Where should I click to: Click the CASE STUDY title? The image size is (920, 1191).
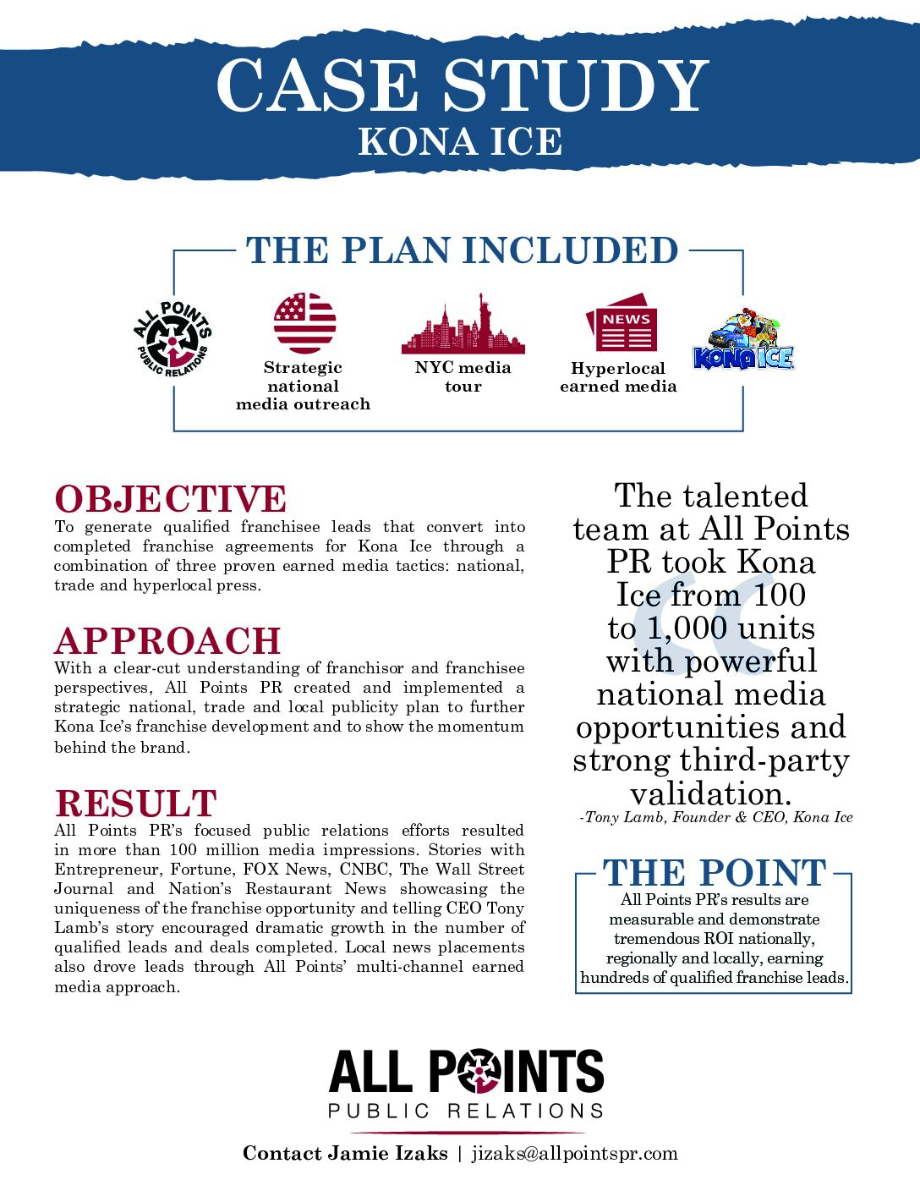[x=462, y=85]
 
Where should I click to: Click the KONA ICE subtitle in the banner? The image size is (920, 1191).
[x=460, y=142]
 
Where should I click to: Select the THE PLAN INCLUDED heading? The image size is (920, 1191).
[x=462, y=251]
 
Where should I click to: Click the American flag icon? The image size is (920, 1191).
[x=304, y=323]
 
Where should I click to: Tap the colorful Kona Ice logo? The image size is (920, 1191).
[x=743, y=340]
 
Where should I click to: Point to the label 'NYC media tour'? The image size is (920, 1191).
[x=463, y=377]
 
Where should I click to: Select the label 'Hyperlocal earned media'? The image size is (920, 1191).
[x=618, y=377]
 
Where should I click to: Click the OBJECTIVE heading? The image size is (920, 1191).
[x=171, y=499]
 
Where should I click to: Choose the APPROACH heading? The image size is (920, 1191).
[x=168, y=641]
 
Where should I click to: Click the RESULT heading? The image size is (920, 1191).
[x=136, y=804]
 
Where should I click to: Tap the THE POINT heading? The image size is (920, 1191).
[x=715, y=873]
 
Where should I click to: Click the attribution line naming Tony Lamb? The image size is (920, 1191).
[x=716, y=818]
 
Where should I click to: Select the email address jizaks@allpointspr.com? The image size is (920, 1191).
[x=575, y=1154]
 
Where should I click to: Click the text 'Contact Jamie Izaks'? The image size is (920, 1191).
[x=345, y=1154]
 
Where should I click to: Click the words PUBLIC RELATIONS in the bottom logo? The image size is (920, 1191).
[x=466, y=1111]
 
